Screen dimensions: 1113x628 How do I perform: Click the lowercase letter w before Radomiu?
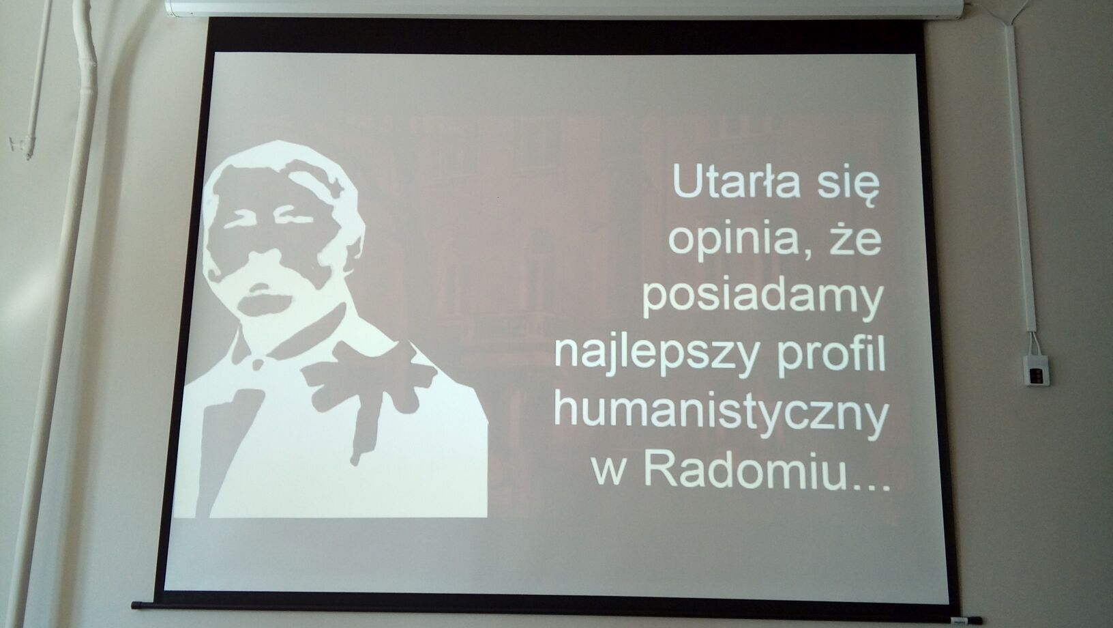pyautogui.click(x=608, y=475)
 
